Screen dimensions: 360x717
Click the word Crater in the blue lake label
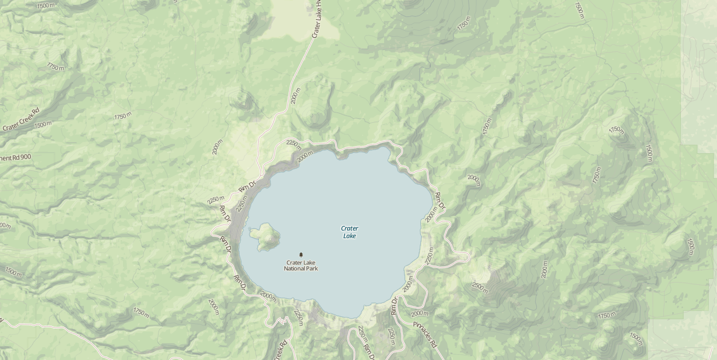(x=350, y=228)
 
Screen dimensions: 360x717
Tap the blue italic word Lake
(x=350, y=236)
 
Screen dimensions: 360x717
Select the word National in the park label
(x=296, y=269)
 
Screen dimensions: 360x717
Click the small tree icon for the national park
(x=301, y=255)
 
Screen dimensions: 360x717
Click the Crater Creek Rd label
(x=20, y=119)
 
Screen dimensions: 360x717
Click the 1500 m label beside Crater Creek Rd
(x=43, y=125)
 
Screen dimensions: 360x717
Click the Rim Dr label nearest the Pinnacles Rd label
(x=394, y=306)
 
